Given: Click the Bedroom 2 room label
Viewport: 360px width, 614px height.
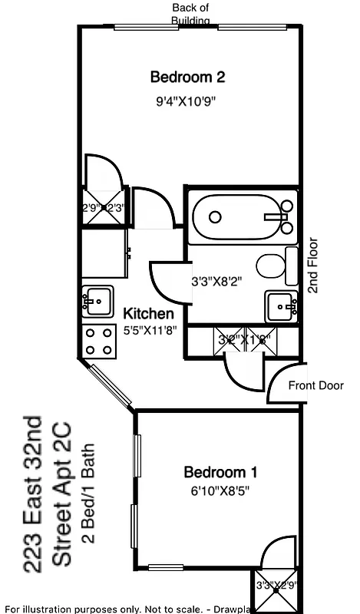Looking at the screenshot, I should coord(187,77).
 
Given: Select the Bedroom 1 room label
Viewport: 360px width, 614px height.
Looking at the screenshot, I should coord(220,472).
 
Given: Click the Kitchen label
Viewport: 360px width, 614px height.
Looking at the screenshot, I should coord(148,314).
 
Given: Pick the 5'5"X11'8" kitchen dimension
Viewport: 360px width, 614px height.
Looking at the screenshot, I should coord(150,332).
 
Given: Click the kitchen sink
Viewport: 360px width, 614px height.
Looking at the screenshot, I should coord(97,300).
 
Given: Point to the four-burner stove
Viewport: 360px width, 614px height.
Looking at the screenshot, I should coord(98,341).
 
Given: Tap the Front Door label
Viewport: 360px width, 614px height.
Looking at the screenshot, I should coord(315,385).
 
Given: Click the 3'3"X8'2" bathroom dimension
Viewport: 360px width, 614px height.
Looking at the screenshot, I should coord(216,281).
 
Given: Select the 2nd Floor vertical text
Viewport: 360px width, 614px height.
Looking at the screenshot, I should coord(313,264).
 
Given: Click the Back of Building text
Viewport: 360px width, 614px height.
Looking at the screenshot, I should coord(190,14).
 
